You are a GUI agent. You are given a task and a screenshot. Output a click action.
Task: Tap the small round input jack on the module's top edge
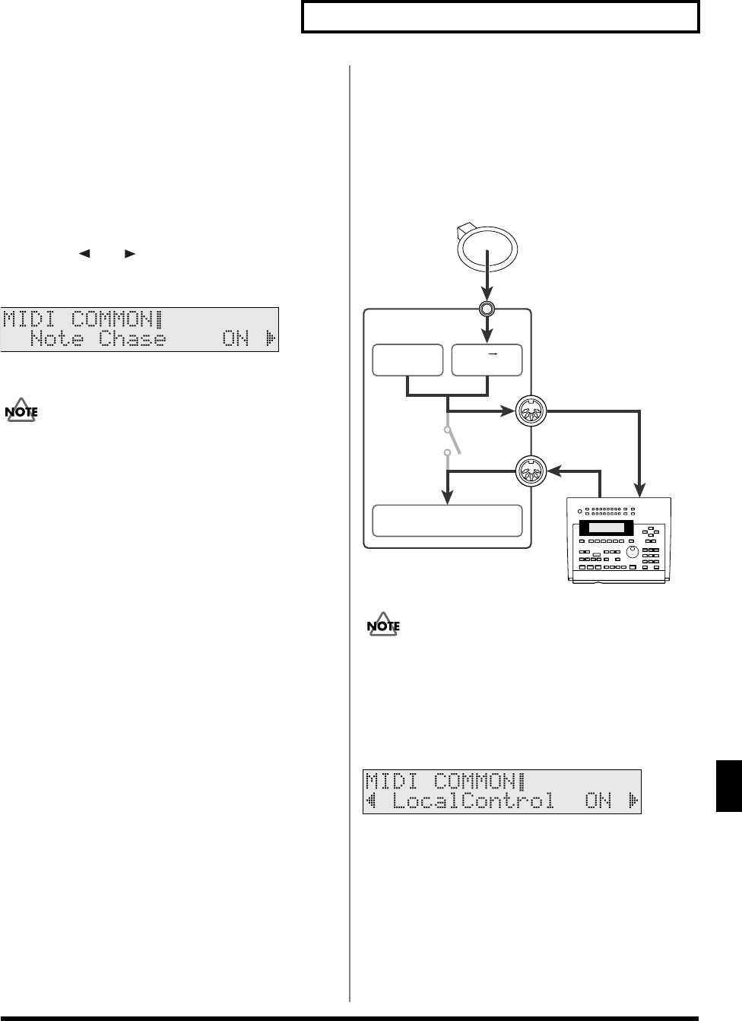pos(487,309)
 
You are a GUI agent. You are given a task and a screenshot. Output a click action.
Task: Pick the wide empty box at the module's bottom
pos(447,521)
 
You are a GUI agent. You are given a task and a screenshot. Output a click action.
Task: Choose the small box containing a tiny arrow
pos(487,360)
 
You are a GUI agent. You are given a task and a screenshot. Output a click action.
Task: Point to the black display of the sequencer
pos(606,528)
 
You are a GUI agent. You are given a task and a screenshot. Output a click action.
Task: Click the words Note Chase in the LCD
pos(98,339)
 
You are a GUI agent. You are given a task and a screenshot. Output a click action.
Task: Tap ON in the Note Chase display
pos(236,339)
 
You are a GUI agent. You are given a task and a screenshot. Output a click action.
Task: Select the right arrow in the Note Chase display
pos(271,339)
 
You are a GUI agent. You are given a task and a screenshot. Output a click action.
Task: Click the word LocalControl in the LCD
pos(473,801)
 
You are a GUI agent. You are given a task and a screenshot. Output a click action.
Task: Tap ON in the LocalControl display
pos(598,801)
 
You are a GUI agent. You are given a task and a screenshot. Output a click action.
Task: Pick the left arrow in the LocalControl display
pos(373,801)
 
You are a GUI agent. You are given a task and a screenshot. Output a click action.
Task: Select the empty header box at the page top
pos(500,17)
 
